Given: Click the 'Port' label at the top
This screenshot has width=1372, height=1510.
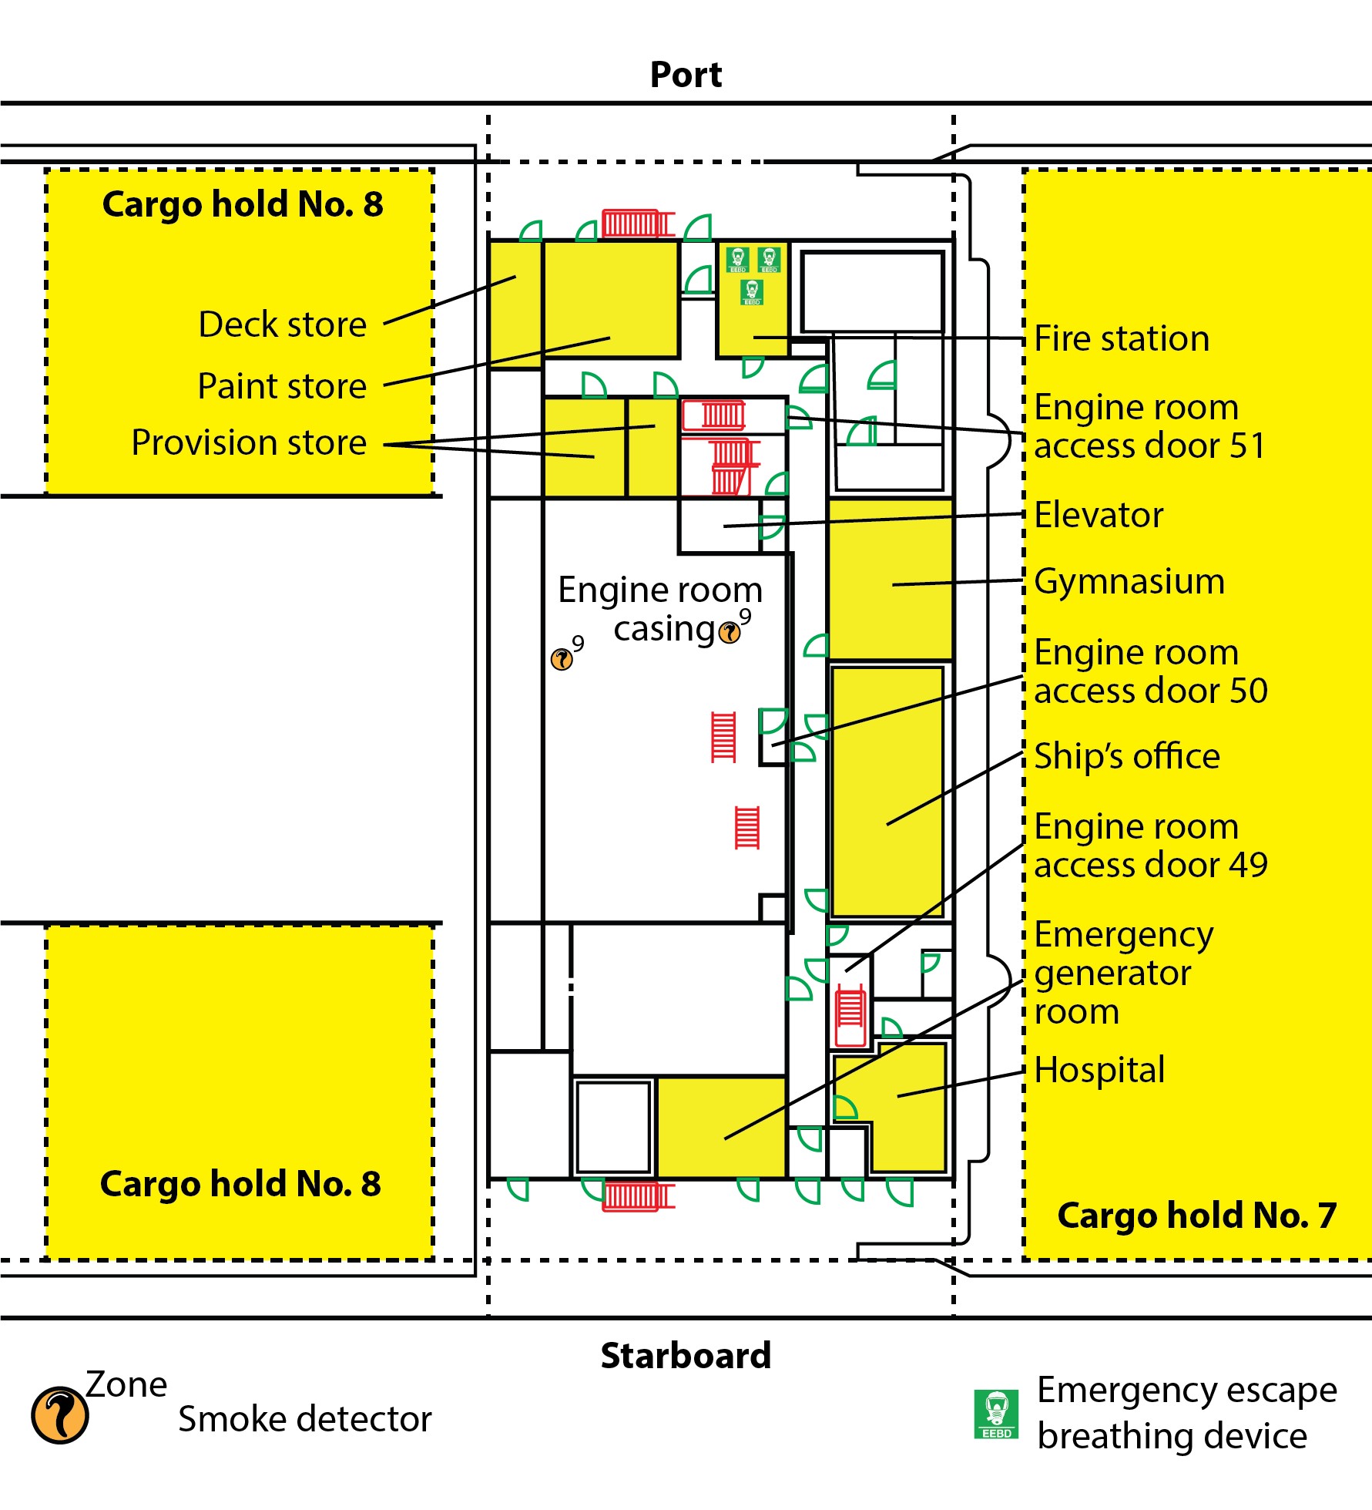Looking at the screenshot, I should tap(686, 75).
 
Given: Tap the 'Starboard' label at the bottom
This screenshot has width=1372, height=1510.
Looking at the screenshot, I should tap(686, 1355).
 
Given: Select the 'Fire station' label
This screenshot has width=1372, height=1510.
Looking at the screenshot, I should tap(1122, 338).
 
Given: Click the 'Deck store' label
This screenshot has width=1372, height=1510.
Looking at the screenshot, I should tap(282, 325).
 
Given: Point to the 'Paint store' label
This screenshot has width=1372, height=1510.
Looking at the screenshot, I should tap(282, 385).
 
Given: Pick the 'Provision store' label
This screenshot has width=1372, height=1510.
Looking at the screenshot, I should tap(249, 442).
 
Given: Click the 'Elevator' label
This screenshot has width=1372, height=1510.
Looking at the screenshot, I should tap(1099, 515).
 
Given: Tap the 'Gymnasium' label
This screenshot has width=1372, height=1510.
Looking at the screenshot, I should tap(1129, 581).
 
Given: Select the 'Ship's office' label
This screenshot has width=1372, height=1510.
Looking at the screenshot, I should tap(1127, 756).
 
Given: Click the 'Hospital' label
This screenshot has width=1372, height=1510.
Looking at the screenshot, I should tap(1099, 1070).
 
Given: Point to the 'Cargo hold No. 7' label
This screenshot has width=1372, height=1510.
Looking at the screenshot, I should tap(1196, 1216).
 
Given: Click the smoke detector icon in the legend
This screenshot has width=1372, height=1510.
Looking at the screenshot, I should tap(59, 1415).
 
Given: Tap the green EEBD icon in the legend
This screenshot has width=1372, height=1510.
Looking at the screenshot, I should tap(996, 1414).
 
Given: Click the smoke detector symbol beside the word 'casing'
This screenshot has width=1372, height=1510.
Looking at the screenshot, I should tap(730, 633).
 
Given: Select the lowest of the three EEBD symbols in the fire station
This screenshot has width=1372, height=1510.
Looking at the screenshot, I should tap(752, 292).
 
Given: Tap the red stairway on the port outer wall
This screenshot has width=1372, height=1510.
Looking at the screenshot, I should tap(638, 224).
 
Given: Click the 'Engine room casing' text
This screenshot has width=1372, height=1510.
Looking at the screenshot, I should tap(660, 609).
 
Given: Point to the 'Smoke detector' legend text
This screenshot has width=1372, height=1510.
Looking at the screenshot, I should tap(305, 1419).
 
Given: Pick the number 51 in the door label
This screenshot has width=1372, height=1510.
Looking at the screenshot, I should tap(1247, 446).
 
